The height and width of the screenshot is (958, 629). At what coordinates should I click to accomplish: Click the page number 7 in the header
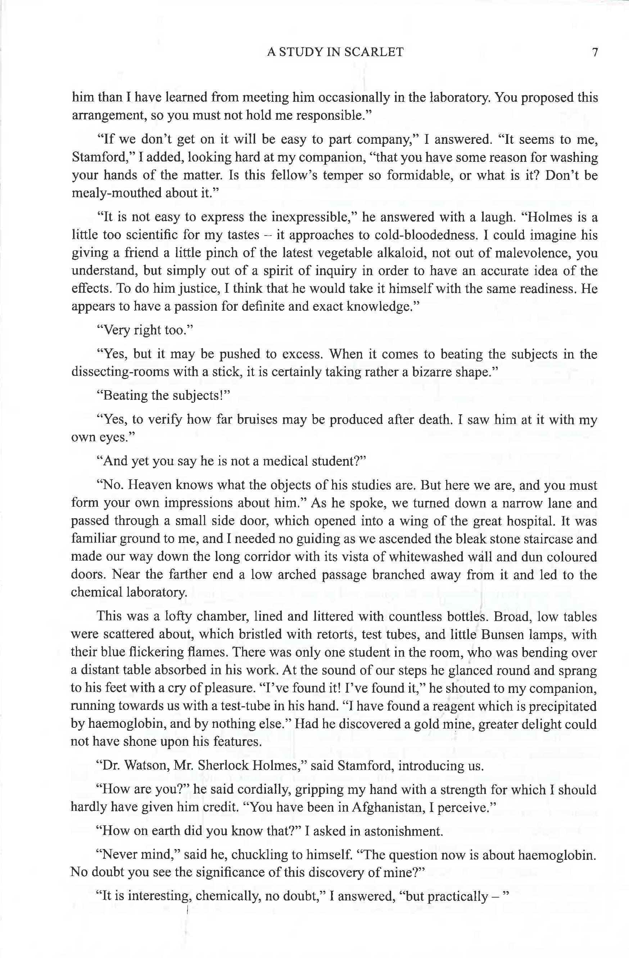(x=595, y=53)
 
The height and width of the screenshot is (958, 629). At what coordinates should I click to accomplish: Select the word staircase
(x=546, y=539)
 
